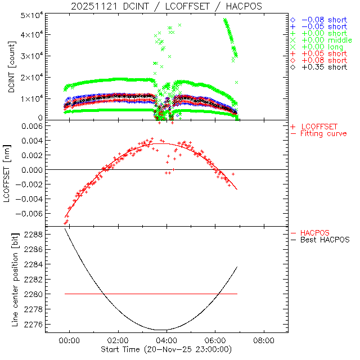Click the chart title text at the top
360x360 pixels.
[x=166, y=6]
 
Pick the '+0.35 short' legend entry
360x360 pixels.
[x=323, y=67]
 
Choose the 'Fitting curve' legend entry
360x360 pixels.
[x=323, y=133]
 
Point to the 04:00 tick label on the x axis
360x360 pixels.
[x=166, y=341]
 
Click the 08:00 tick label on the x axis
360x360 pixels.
[x=264, y=341]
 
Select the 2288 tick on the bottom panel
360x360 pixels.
[x=33, y=234]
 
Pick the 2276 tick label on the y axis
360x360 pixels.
[x=33, y=324]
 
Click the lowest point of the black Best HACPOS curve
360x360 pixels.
[x=162, y=330]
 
